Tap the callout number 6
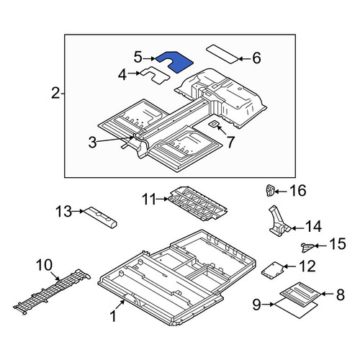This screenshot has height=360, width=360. pyautogui.click(x=256, y=58)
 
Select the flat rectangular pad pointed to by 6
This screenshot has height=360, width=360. pyautogui.click(x=222, y=54)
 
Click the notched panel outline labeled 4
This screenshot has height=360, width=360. pyautogui.click(x=156, y=77)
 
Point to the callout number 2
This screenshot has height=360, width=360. pyautogui.click(x=55, y=93)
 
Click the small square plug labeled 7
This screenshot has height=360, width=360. pyautogui.click(x=214, y=124)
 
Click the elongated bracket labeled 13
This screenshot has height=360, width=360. pyautogui.click(x=99, y=217)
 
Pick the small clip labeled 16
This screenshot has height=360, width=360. pyautogui.click(x=271, y=190)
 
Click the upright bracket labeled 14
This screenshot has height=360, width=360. pyautogui.click(x=279, y=222)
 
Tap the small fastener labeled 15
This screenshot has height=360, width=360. pyautogui.click(x=307, y=247)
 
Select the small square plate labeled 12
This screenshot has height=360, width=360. pyautogui.click(x=273, y=270)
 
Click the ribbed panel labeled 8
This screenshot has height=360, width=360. pyautogui.click(x=300, y=294)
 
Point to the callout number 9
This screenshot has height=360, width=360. pyautogui.click(x=256, y=305)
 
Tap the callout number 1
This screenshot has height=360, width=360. pyautogui.click(x=113, y=316)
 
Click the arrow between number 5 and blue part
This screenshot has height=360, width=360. pyautogui.click(x=150, y=58)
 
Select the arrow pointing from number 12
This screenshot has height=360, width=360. pyautogui.click(x=289, y=266)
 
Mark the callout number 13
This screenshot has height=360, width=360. pyautogui.click(x=63, y=212)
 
